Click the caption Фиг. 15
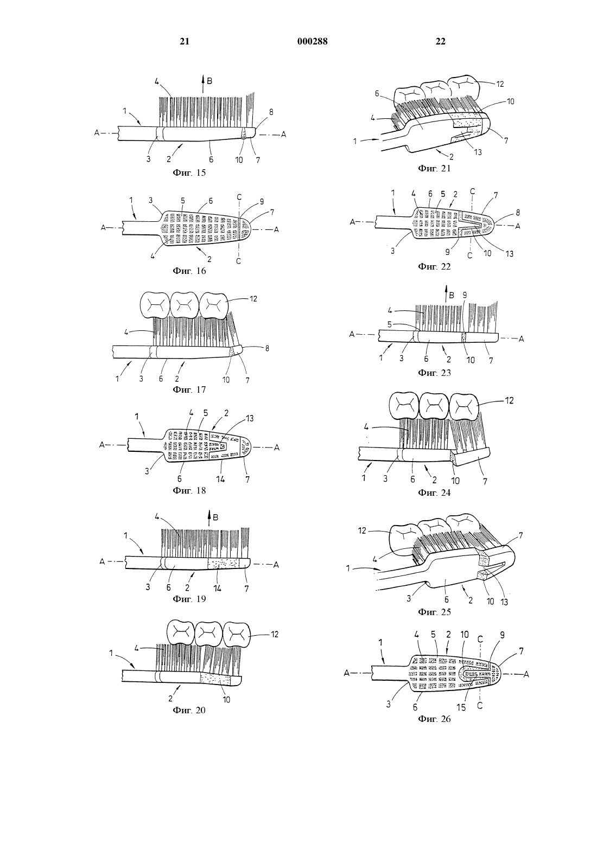coord(189,173)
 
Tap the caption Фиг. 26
coord(434,719)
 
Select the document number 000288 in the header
coord(313,41)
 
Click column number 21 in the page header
coord(185,41)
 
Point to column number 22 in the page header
coord(440,41)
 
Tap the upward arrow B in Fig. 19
coord(209,520)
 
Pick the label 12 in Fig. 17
coord(253,299)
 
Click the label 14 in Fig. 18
coord(220,479)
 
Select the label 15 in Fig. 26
coord(461,708)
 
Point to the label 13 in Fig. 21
coord(478,152)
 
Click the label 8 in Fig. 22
coord(518,213)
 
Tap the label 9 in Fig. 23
coord(465,295)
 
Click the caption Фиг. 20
coord(189,710)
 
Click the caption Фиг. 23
coord(434,373)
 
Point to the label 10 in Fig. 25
coord(490,602)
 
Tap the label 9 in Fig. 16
coord(261,202)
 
